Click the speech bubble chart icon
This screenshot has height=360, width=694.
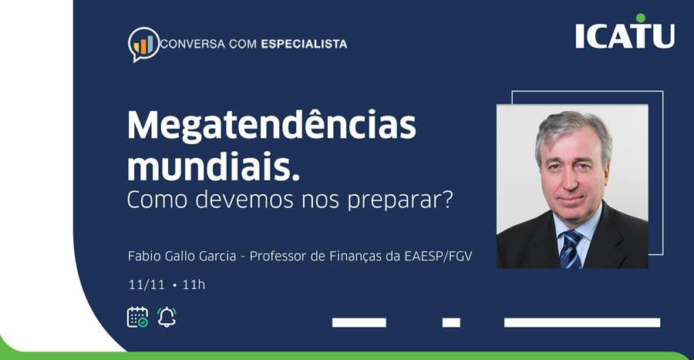[x=143, y=44]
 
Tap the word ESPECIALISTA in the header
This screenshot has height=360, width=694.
[x=304, y=44]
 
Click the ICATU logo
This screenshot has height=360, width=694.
[x=625, y=35]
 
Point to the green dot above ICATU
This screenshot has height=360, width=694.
[x=640, y=18]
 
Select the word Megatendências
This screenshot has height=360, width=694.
[x=271, y=125]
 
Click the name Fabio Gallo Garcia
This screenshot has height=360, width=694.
[x=182, y=256]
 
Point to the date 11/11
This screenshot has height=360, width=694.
[x=147, y=285]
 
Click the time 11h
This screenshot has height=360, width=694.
[x=194, y=285]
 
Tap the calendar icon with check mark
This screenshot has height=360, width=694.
[x=137, y=317]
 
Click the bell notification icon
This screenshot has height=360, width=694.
[x=167, y=317]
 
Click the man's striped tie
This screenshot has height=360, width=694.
[x=571, y=248]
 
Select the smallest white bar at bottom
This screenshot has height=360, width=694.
[x=451, y=322]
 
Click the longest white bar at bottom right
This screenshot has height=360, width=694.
[x=582, y=322]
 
